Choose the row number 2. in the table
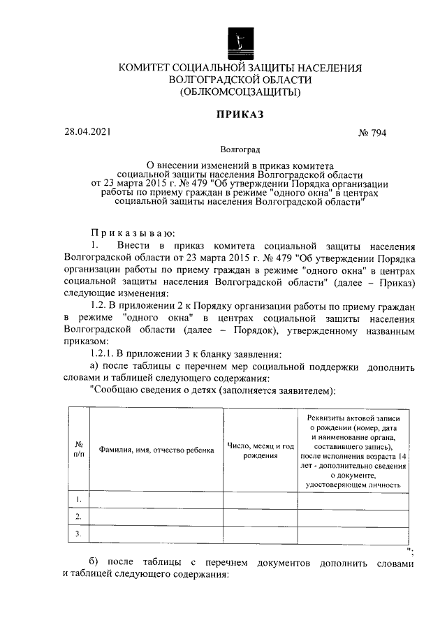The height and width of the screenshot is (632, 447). point(79,516)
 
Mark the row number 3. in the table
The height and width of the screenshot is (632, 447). point(79,534)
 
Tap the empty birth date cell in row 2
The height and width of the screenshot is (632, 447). point(260,516)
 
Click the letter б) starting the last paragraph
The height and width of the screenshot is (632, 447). point(96,564)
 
